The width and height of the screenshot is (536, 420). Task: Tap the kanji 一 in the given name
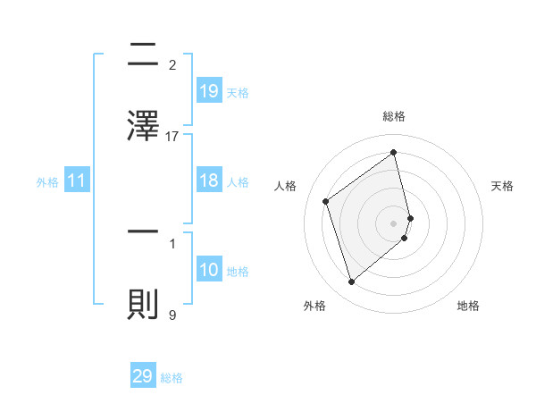click(x=143, y=231)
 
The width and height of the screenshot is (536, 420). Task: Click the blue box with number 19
click(x=208, y=90)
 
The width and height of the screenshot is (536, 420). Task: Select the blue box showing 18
click(x=208, y=181)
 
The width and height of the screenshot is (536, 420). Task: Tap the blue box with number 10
click(x=208, y=270)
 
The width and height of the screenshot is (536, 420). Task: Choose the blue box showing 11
click(x=77, y=181)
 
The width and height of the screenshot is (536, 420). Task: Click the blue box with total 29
click(x=143, y=376)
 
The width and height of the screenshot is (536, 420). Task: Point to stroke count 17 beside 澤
click(x=172, y=137)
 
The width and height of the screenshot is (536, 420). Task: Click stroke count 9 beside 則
click(x=172, y=315)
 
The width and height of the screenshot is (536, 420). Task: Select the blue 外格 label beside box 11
click(x=47, y=181)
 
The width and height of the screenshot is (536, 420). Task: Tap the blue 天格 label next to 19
click(x=238, y=92)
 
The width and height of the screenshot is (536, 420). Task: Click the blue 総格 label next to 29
click(x=172, y=378)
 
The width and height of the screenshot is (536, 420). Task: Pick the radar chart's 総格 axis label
click(x=394, y=117)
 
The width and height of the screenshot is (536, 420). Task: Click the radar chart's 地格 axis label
click(x=468, y=307)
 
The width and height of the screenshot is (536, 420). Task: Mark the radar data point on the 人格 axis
click(x=326, y=201)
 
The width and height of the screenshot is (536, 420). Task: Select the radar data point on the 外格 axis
click(x=351, y=282)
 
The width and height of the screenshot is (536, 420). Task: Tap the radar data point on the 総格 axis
click(x=394, y=152)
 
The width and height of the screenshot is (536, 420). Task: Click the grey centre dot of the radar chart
click(x=394, y=223)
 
